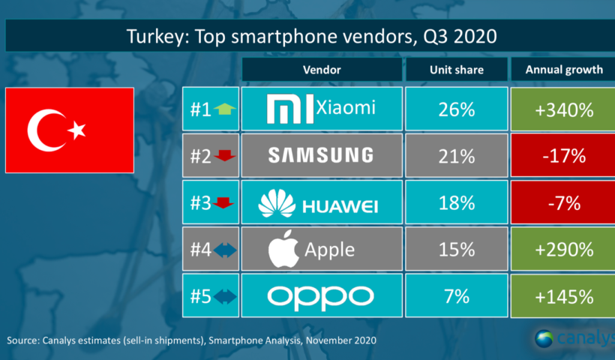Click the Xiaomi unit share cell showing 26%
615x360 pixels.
(x=456, y=109)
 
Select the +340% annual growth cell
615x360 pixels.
(x=563, y=109)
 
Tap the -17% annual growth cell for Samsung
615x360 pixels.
(x=563, y=155)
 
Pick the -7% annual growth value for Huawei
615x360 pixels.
(x=563, y=202)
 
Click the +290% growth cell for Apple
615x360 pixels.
(x=563, y=249)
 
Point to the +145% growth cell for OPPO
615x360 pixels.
(x=563, y=295)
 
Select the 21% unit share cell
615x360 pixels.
(x=456, y=155)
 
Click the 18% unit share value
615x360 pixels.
(x=456, y=202)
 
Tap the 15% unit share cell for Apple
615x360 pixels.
(x=456, y=249)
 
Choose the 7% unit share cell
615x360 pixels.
(x=456, y=295)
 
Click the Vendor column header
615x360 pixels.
(x=322, y=70)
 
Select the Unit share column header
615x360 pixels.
(x=456, y=70)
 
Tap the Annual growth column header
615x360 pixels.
(x=563, y=70)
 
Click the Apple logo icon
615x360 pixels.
(x=283, y=250)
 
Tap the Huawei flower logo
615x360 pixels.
(x=275, y=202)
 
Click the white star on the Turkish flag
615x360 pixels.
(x=76, y=130)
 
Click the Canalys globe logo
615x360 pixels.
(x=547, y=339)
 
